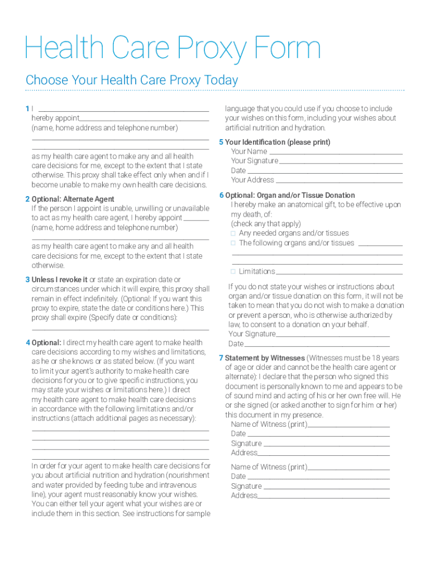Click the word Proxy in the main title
[206, 49]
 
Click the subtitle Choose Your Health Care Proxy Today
[132, 80]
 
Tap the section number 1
[27, 108]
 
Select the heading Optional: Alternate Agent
[73, 199]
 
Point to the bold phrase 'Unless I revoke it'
[60, 279]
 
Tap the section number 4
[27, 342]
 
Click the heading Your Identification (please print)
[278, 142]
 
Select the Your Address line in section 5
[340, 181]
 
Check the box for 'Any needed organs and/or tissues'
[233, 233]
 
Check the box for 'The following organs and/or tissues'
[233, 243]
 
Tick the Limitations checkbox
[233, 271]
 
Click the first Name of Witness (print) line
[348, 426]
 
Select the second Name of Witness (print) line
[348, 468]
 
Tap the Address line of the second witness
[323, 497]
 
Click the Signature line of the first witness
[326, 445]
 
